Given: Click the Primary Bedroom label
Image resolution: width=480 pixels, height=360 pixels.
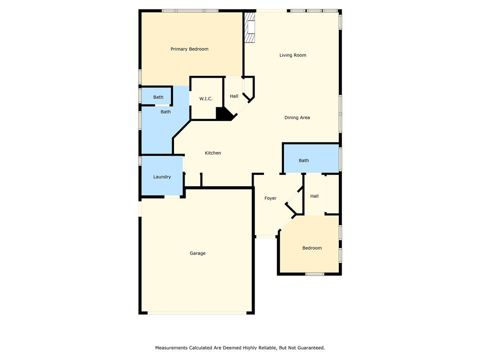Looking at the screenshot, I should pos(189,49).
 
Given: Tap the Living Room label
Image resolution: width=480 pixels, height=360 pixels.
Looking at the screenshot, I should pos(292,55).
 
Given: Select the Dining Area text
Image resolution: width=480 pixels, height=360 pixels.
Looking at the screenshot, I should pos(297,118).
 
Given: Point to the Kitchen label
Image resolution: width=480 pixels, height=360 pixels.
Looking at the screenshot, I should pos(213,153).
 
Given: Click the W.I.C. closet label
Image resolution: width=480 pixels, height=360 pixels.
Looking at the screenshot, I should pos(206,99).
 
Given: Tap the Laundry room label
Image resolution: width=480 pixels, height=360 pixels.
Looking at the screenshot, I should pos(162,177).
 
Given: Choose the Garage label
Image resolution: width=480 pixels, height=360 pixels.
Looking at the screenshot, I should pos(197,254).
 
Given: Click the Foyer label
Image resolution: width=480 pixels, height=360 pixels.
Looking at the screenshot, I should pos(270,198).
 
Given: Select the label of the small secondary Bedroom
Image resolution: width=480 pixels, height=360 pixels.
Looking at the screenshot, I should pos(312,248).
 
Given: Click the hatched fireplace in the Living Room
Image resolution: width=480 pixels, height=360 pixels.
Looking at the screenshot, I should pos(250,28).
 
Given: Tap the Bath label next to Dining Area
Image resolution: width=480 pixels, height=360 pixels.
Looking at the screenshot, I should pos(304,161).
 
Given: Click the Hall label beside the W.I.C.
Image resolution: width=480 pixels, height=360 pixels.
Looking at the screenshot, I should pos(234,97).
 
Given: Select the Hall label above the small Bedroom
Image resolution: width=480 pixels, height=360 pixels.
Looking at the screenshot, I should pos(315,196).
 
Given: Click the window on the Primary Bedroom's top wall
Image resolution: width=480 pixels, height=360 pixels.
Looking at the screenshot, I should pos(190,11).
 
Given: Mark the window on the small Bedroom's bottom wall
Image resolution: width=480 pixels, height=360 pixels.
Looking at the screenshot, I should pos(315,274).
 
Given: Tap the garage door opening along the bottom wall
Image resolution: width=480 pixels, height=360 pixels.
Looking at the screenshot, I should pos(197,313).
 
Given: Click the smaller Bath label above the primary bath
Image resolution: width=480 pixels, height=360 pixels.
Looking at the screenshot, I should pos(158,97).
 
